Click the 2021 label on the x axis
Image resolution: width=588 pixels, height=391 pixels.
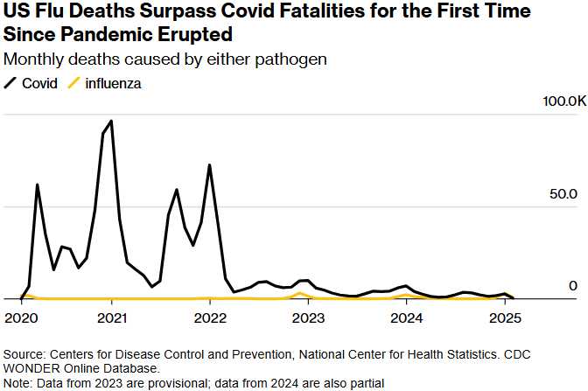pyautogui.click(x=112, y=316)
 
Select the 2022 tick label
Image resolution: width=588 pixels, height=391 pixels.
pyautogui.click(x=210, y=316)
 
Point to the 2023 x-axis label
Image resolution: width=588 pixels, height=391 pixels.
pyautogui.click(x=308, y=316)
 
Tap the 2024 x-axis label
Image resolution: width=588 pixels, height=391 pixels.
pyautogui.click(x=406, y=316)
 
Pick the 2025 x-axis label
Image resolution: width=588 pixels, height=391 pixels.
pyautogui.click(x=504, y=316)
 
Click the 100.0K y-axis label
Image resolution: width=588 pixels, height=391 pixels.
pyautogui.click(x=565, y=102)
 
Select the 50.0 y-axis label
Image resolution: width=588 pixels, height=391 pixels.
pyautogui.click(x=565, y=193)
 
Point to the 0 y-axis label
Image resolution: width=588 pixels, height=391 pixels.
pyautogui.click(x=573, y=285)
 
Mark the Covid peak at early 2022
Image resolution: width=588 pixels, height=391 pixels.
pyautogui.click(x=209, y=164)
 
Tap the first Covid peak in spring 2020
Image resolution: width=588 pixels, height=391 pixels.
pyautogui.click(x=37, y=185)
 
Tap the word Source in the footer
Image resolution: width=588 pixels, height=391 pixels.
pyautogui.click(x=24, y=355)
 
